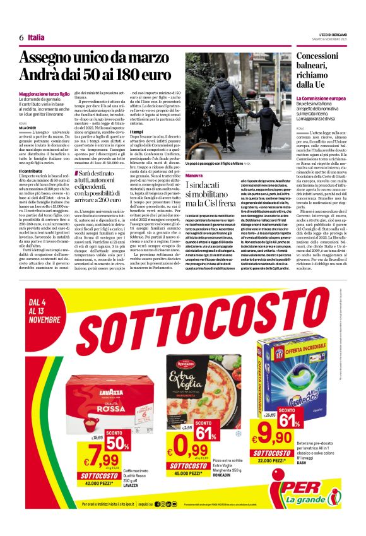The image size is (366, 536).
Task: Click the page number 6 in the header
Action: pyautogui.click(x=21, y=37)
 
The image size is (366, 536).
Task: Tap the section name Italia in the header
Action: pyautogui.click(x=37, y=37)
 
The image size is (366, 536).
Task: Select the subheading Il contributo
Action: pyautogui.click(x=31, y=171)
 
